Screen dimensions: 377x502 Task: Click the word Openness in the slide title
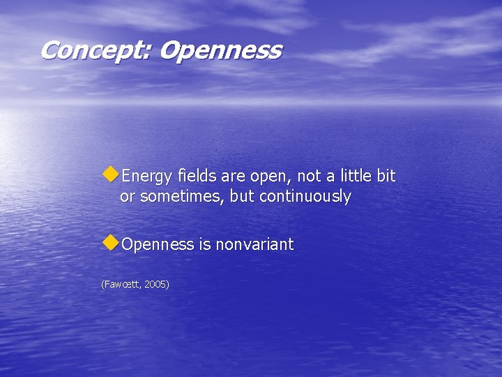click(x=220, y=50)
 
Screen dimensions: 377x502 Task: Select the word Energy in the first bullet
click(x=147, y=177)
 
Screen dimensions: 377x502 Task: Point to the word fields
click(x=197, y=176)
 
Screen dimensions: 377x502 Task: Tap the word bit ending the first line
click(x=385, y=176)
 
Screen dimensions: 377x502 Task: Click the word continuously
click(x=305, y=197)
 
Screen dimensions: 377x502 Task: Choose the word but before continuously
click(x=242, y=197)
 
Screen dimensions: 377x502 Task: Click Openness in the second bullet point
click(x=157, y=245)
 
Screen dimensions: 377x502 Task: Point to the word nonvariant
click(x=254, y=244)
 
